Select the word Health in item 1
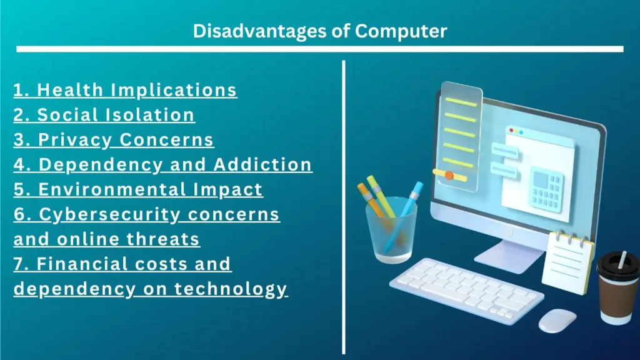click(x=70, y=90)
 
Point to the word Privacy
click(x=75, y=140)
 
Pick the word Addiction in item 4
click(x=262, y=164)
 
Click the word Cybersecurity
click(x=109, y=215)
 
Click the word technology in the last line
click(x=231, y=289)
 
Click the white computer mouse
click(x=557, y=321)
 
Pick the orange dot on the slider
click(x=449, y=176)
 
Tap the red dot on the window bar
click(x=511, y=131)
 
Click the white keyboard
click(x=466, y=290)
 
